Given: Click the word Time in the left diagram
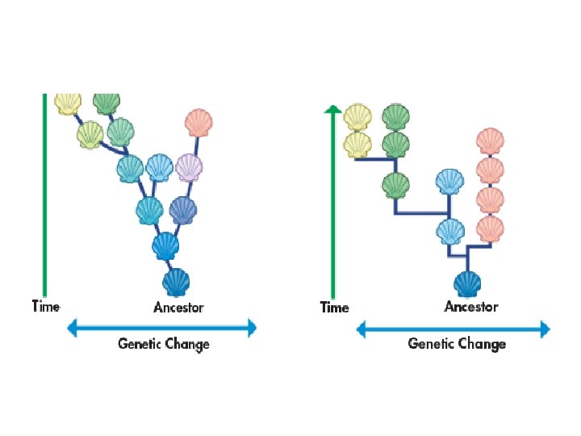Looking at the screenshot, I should pyautogui.click(x=45, y=306).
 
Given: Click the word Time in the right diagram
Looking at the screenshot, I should pyautogui.click(x=334, y=307).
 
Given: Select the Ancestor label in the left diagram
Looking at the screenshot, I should pyautogui.click(x=178, y=307).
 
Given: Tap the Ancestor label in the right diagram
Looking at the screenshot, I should pyautogui.click(x=471, y=306).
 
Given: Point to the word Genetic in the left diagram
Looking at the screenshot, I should pyautogui.click(x=140, y=343).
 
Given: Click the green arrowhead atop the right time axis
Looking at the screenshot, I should pyautogui.click(x=331, y=109).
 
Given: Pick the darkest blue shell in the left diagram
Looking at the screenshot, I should pyautogui.click(x=177, y=282).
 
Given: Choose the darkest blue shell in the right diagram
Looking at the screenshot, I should pyautogui.click(x=467, y=284).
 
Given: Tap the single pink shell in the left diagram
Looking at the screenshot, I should pyautogui.click(x=198, y=123).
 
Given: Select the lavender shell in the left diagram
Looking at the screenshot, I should pyautogui.click(x=189, y=167).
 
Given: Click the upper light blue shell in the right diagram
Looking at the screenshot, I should pyautogui.click(x=449, y=182).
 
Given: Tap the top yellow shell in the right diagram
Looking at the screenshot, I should pyautogui.click(x=357, y=117).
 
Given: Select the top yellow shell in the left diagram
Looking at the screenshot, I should pyautogui.click(x=69, y=103).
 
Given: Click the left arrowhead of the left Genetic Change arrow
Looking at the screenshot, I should pyautogui.click(x=71, y=328).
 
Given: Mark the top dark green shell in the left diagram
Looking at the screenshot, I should pyautogui.click(x=106, y=103).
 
